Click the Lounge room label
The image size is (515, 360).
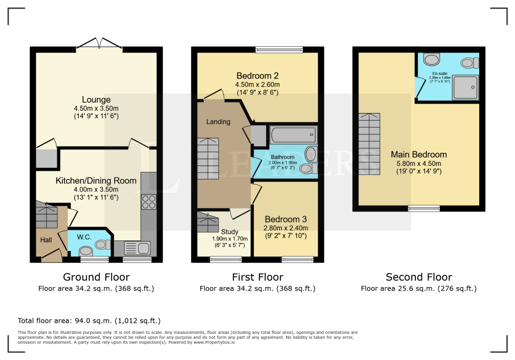coord(96,100)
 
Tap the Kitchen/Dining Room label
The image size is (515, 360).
coord(96,181)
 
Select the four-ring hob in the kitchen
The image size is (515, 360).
coord(149,202)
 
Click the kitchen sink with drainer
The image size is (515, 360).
coord(137,248)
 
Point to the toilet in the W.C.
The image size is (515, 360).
coord(103,244)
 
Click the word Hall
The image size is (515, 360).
coord(46,240)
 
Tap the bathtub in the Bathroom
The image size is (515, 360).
coord(294,135)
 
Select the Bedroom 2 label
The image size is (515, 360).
coord(257,76)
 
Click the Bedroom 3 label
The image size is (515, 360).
coord(286,219)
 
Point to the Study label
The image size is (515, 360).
coord(229,232)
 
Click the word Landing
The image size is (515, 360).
coord(218,122)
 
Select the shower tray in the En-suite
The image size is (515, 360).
coord(465,87)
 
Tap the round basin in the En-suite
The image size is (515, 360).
coord(432,60)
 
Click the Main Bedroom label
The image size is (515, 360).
coord(419,154)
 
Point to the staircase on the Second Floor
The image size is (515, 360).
coord(369,144)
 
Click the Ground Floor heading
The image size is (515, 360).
coord(96,277)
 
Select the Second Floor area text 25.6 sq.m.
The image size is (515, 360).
coord(419,289)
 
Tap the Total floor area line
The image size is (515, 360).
coord(89,321)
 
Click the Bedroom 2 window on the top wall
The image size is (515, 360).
coord(279,50)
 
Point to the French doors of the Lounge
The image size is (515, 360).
coord(99,44)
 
